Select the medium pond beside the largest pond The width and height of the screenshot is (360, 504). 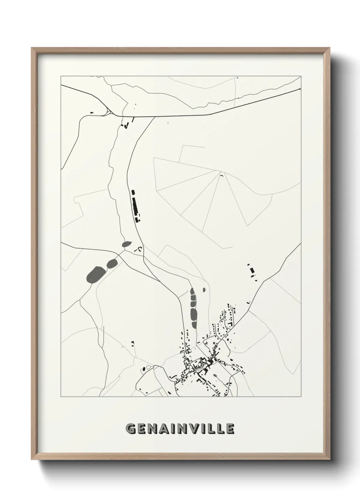tap(112, 263)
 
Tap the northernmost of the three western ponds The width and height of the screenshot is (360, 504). tap(127, 244)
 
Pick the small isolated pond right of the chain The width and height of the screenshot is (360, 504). tap(204, 290)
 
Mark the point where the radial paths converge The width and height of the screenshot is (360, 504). tap(221, 171)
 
